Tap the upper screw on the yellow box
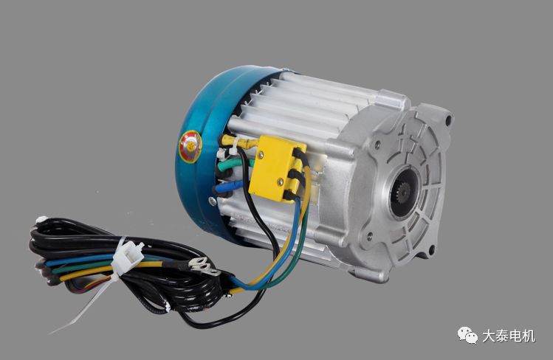click(261, 154)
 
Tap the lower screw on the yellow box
click(281, 181)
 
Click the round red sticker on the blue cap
click(190, 147)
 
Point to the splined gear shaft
click(403, 193)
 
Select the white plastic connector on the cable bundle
click(128, 255)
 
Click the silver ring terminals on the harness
click(204, 266)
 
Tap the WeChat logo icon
click(467, 335)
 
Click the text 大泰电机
click(508, 336)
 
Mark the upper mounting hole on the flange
click(448, 121)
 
